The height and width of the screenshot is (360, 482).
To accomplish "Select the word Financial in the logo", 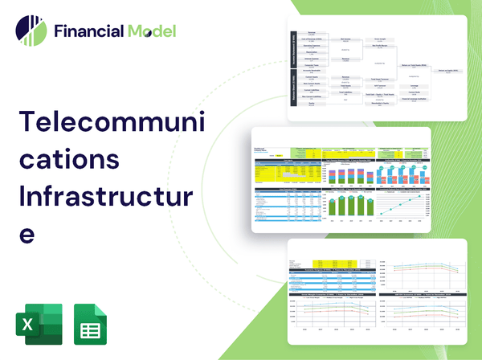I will (x=88, y=32).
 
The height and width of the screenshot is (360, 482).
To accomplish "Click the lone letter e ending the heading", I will (x=27, y=233).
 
